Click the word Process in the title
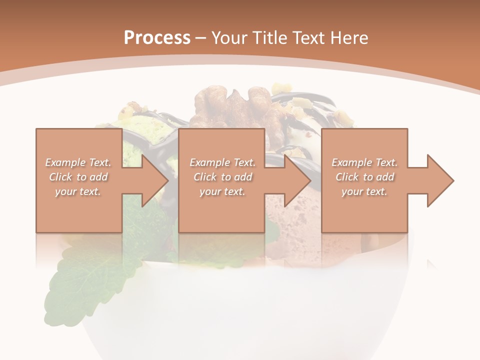point(157,37)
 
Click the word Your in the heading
point(230,37)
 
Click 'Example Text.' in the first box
point(78,162)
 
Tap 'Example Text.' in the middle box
point(222,162)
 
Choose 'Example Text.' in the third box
point(364,162)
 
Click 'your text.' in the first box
point(78,191)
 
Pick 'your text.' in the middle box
point(222,191)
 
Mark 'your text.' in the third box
point(364,191)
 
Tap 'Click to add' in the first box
point(78,177)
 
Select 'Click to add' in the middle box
point(222,177)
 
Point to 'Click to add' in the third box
point(364,177)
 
